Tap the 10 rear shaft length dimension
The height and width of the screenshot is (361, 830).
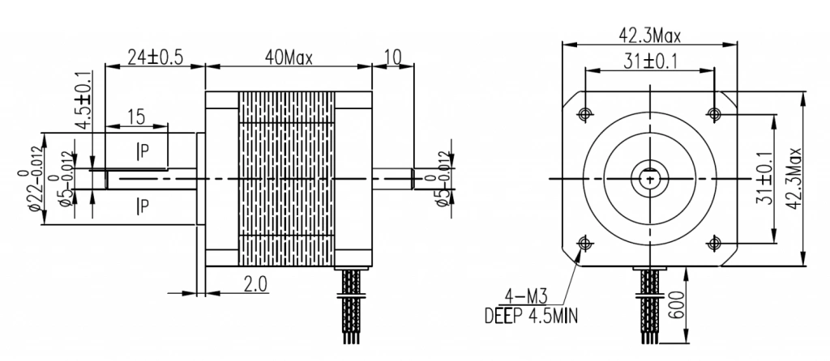[x=393, y=57]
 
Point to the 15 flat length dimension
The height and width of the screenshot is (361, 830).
[x=135, y=117]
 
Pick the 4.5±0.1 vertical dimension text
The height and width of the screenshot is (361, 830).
[x=81, y=101]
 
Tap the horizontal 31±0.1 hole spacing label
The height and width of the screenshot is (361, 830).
[x=648, y=61]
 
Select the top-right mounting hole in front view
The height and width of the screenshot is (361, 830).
[x=714, y=112]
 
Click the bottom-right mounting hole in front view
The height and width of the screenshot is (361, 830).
[x=714, y=242]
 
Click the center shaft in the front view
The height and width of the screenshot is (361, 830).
[x=649, y=176]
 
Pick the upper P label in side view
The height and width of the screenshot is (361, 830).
[x=142, y=150]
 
